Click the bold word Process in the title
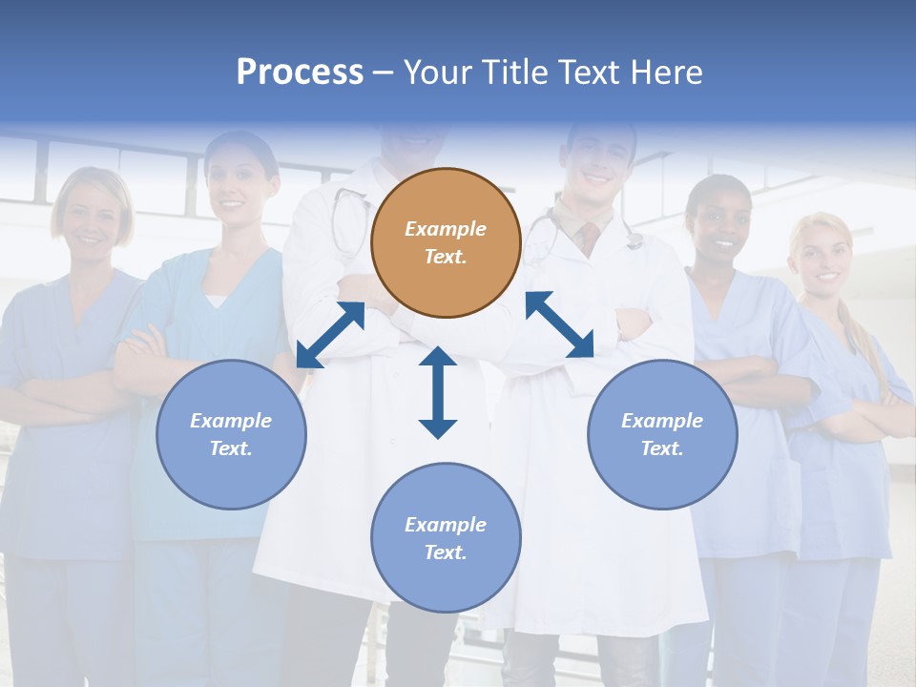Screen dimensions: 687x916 [x=300, y=72]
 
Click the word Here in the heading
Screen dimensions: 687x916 [x=666, y=72]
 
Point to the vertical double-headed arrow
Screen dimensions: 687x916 [x=438, y=392]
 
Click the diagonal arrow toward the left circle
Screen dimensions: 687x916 [x=330, y=335]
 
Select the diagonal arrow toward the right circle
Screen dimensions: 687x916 [x=559, y=324]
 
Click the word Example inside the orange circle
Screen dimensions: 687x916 [x=446, y=229]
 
